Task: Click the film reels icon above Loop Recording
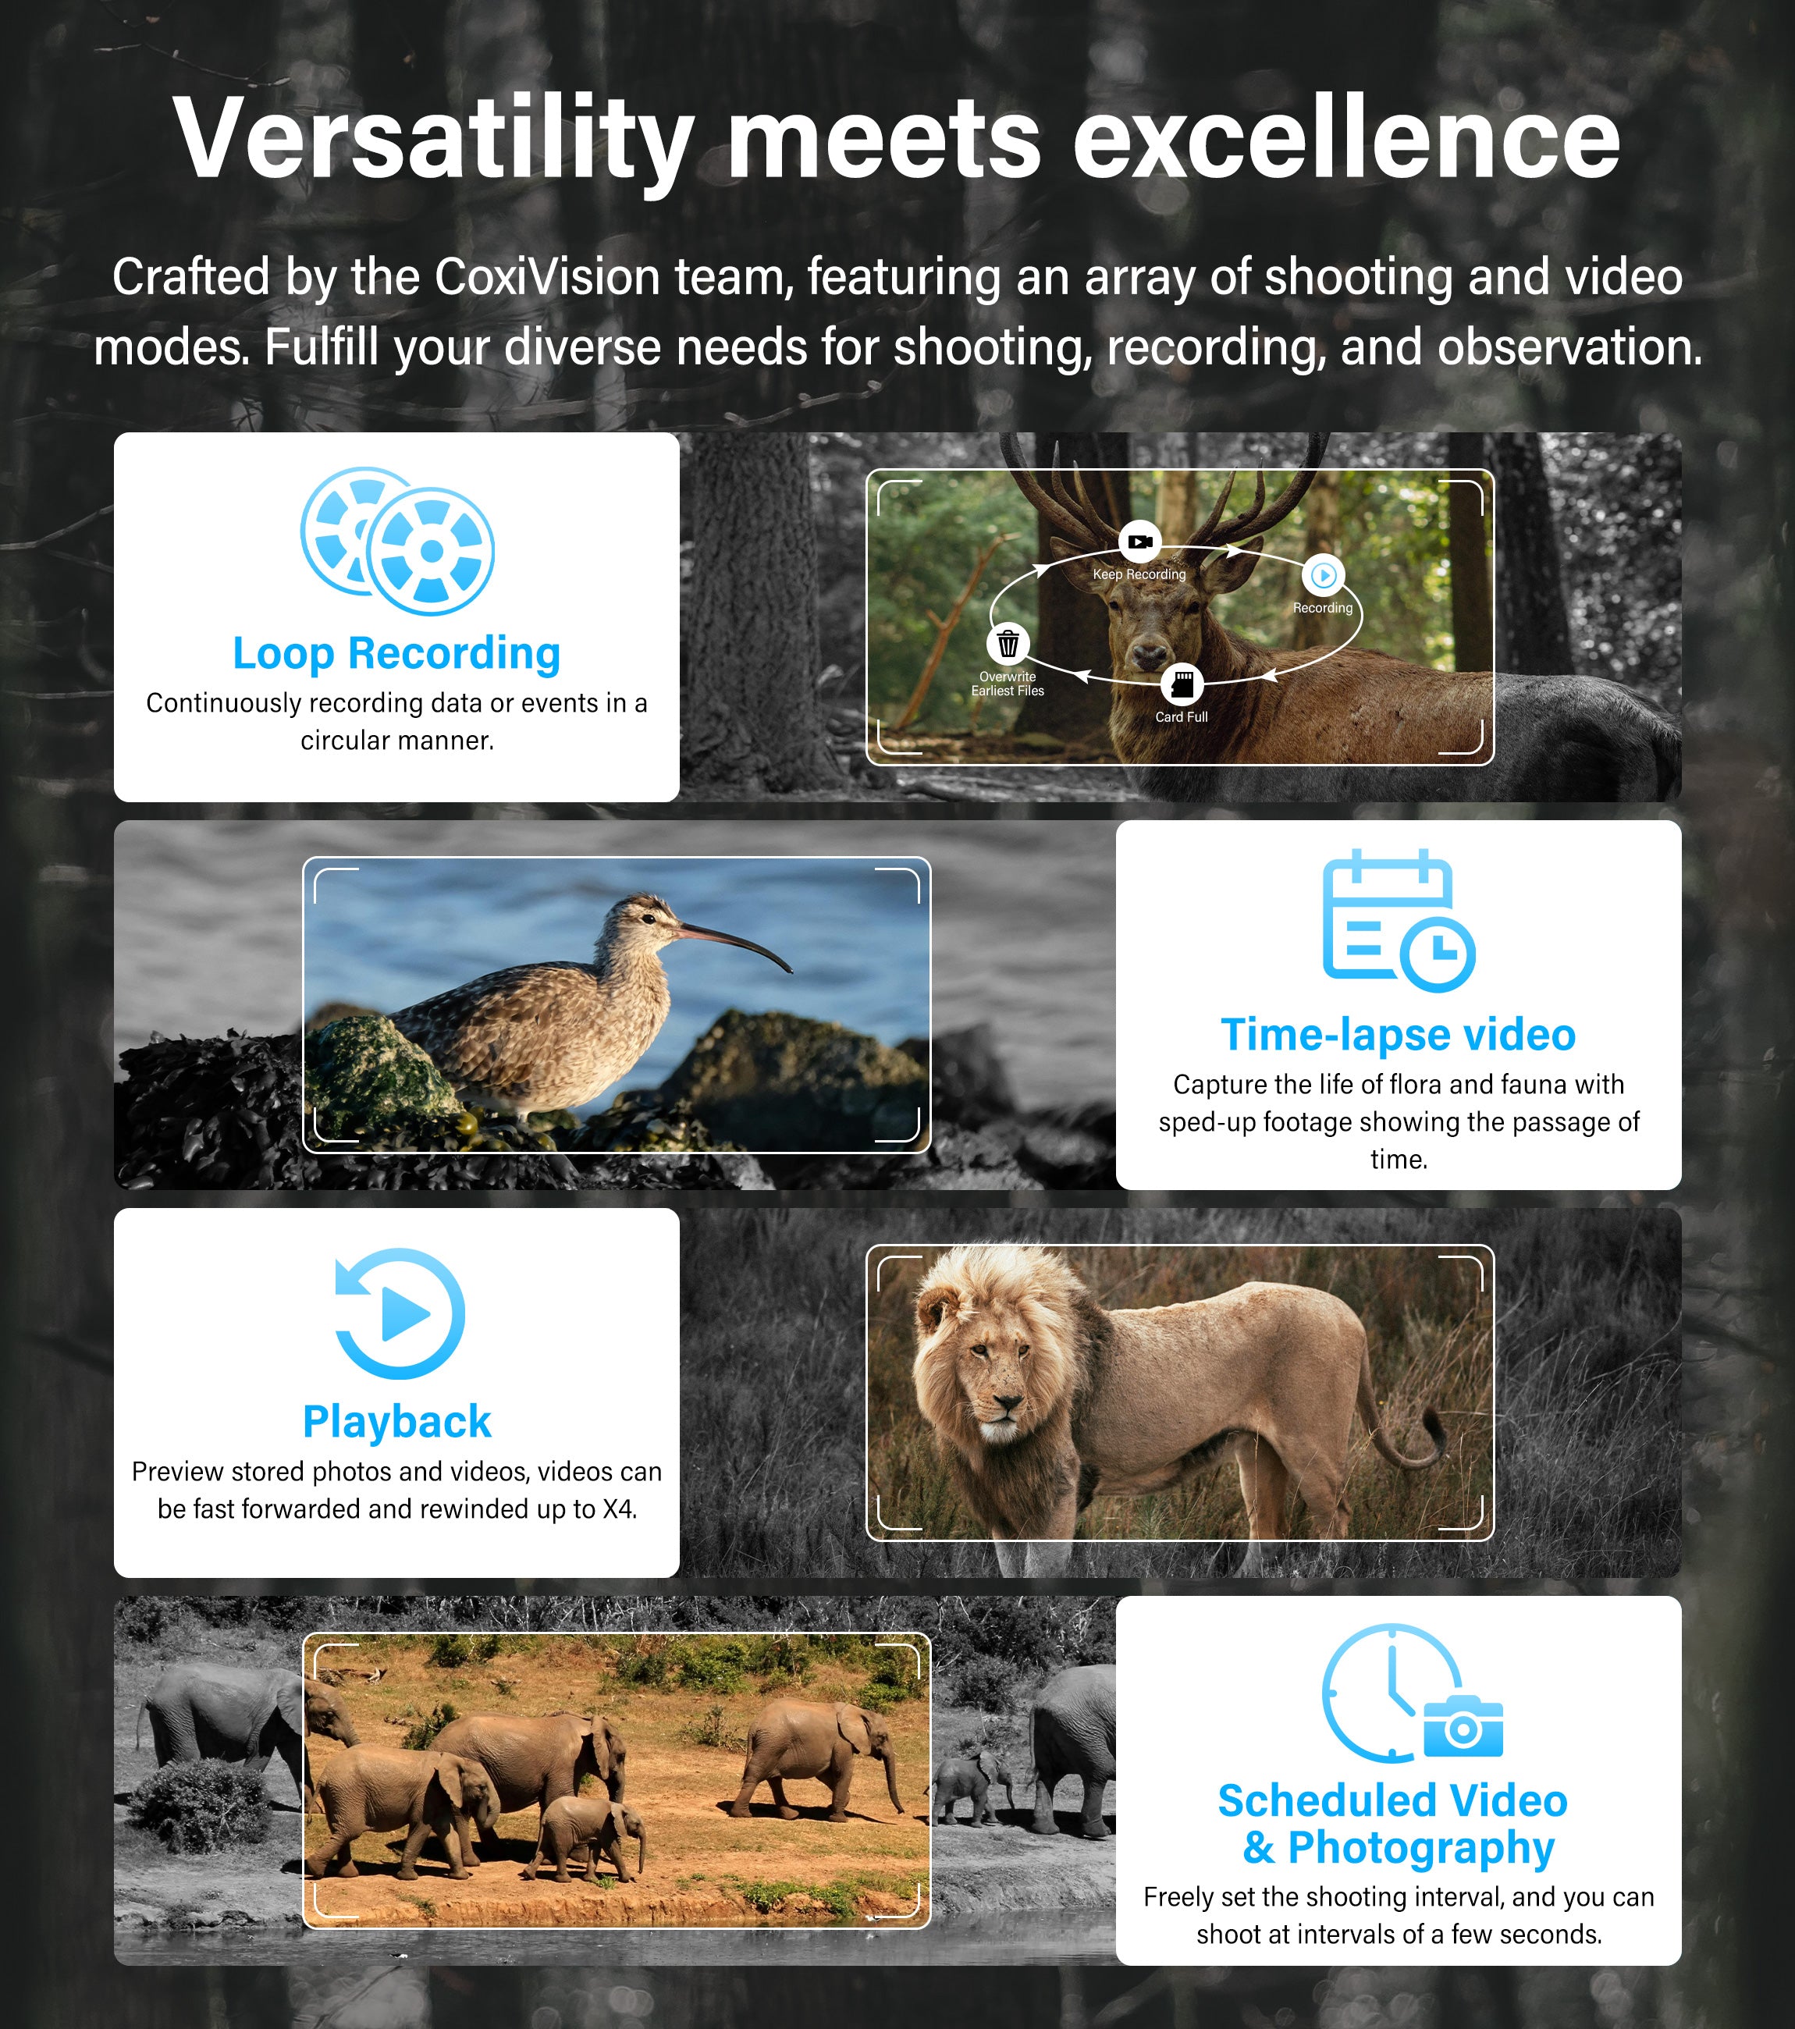(x=397, y=541)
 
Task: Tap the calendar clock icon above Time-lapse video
(x=1398, y=920)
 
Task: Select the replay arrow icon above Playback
(x=399, y=1313)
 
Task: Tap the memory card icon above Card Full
(x=1182, y=684)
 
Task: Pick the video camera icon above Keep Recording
(x=1139, y=542)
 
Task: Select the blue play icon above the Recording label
(x=1324, y=574)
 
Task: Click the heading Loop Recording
(x=397, y=653)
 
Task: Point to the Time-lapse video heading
(x=1398, y=1034)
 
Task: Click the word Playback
(x=397, y=1422)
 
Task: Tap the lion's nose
(x=1007, y=1404)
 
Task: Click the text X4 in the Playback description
(x=619, y=1508)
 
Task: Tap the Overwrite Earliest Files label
(x=1008, y=684)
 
